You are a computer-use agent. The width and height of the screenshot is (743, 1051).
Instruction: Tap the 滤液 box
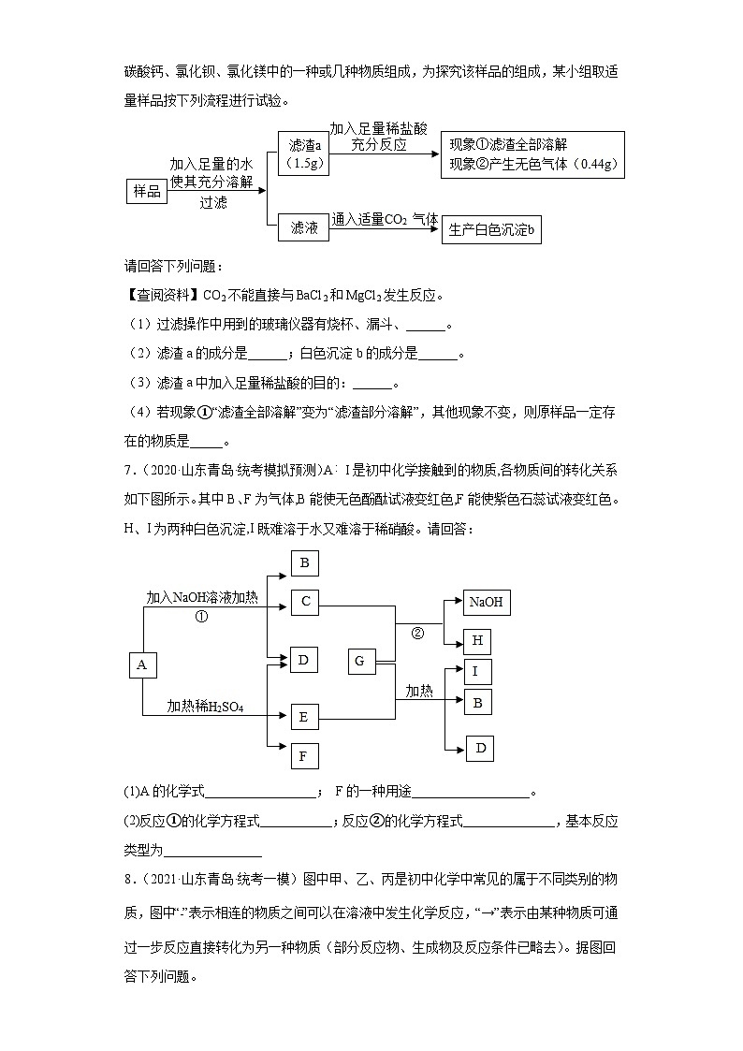(x=305, y=227)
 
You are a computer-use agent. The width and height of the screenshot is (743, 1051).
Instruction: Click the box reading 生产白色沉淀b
(x=491, y=230)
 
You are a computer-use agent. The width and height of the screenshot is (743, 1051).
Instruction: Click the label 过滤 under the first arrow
(x=212, y=202)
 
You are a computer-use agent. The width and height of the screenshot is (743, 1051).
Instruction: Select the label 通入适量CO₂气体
(x=385, y=219)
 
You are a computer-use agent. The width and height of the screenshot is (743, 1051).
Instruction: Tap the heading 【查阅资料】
(x=157, y=296)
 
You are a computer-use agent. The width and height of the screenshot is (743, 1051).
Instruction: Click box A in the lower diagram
(x=142, y=664)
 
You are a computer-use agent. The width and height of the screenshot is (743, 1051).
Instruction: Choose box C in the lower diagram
(x=305, y=602)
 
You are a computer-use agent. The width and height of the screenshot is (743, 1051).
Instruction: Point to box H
(x=477, y=640)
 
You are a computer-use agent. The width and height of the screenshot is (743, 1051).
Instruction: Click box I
(x=477, y=671)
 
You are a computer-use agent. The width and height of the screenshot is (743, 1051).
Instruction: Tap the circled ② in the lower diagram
(x=418, y=633)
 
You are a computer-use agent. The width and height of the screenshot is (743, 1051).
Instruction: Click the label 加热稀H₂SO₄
(x=205, y=705)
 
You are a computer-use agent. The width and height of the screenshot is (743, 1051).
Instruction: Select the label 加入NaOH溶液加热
(x=203, y=596)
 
